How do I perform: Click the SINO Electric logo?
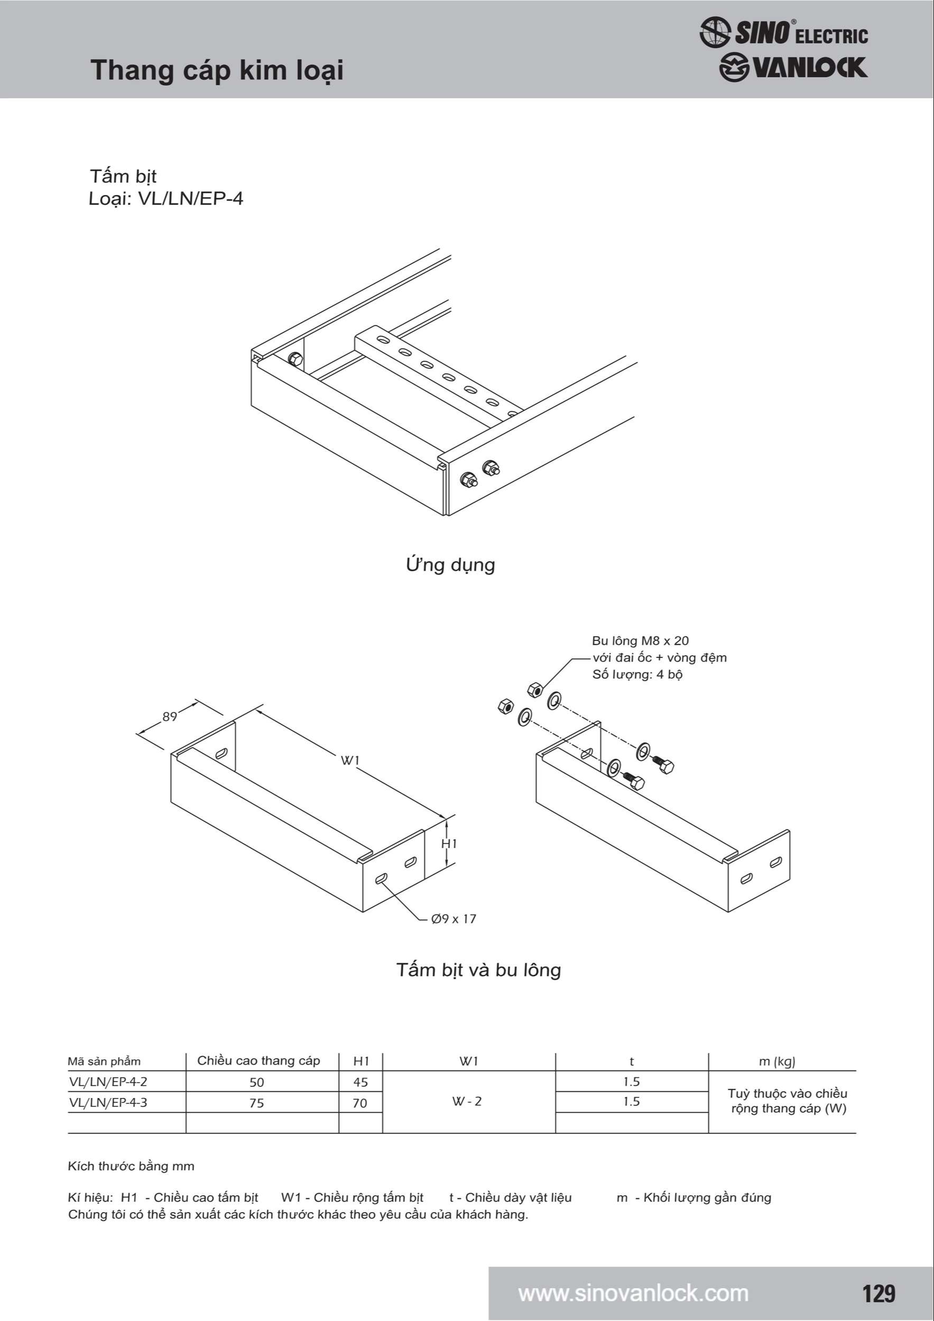(783, 33)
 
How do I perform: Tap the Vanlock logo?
(793, 68)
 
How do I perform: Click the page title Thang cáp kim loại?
(217, 71)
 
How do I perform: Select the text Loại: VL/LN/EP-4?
(166, 199)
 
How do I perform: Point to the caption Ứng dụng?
(450, 564)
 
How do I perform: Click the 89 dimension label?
(170, 717)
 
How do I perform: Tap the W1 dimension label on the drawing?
(350, 760)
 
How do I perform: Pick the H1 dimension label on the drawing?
(449, 843)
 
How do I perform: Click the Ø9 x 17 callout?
(454, 919)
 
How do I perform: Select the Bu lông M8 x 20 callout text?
(640, 641)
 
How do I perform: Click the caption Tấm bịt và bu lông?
(478, 970)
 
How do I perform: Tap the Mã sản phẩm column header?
(104, 1062)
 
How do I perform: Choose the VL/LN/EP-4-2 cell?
(108, 1082)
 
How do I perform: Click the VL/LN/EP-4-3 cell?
(108, 1102)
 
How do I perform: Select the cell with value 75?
(257, 1103)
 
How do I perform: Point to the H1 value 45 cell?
(360, 1082)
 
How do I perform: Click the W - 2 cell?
(467, 1101)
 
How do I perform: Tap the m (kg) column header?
(777, 1062)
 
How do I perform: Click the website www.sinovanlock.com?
(633, 1294)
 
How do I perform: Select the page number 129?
(878, 1294)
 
